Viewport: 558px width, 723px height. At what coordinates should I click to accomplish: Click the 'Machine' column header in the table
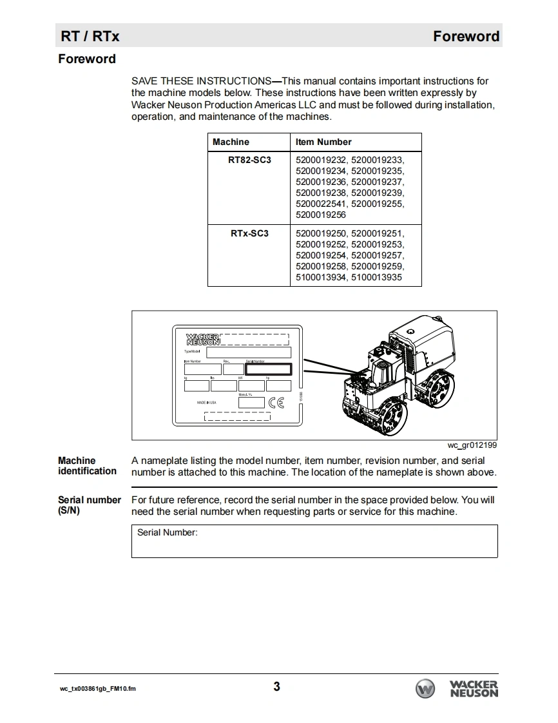231,142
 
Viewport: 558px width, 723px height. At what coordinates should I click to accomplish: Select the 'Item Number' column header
323,142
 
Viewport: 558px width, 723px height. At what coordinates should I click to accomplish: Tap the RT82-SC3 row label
249,160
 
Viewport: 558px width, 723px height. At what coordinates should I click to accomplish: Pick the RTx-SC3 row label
249,233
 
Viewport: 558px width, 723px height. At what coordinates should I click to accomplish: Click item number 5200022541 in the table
321,204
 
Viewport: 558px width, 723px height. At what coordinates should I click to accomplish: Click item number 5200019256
321,215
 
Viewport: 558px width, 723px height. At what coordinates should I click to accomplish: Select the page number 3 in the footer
276,686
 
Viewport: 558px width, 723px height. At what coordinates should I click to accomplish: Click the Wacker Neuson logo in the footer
457,688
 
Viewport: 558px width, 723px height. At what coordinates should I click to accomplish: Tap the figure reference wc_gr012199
472,445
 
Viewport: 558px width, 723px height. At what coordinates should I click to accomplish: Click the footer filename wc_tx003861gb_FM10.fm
98,689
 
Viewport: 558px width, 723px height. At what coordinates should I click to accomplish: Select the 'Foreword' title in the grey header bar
466,36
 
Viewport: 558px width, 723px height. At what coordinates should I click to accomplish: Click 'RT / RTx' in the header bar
90,36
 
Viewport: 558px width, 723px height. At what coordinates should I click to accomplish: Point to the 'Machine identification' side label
87,466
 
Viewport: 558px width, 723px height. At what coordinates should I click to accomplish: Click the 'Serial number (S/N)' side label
89,505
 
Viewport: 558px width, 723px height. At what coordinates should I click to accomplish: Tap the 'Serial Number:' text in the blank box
168,533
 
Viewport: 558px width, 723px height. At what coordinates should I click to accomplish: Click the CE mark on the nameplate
276,403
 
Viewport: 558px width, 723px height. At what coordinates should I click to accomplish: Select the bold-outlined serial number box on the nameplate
268,369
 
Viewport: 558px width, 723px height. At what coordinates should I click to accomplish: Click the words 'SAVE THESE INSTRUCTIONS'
201,81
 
